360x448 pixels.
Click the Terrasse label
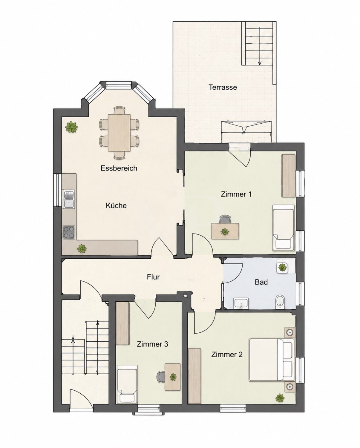[x=223, y=87]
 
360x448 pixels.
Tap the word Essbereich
[x=119, y=168]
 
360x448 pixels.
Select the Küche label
[x=116, y=205]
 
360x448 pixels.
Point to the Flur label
[x=153, y=277]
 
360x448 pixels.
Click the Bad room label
[x=261, y=282]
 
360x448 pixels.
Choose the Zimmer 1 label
[x=236, y=194]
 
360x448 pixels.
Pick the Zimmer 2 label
[x=227, y=354]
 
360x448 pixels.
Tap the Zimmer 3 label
[x=152, y=344]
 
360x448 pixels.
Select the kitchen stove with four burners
[x=69, y=232]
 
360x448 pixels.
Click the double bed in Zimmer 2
[x=272, y=360]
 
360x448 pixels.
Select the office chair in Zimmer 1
[x=225, y=220]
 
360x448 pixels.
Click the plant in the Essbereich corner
[x=71, y=126]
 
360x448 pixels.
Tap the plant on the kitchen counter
[x=82, y=248]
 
